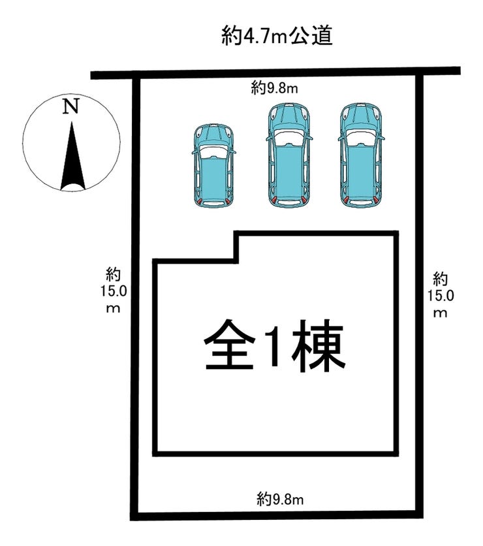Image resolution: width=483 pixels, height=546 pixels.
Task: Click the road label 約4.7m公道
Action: (277, 37)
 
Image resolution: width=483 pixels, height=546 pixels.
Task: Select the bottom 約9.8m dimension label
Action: (280, 500)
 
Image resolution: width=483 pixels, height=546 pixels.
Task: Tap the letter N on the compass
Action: (70, 107)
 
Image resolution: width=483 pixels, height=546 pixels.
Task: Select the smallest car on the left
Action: (213, 166)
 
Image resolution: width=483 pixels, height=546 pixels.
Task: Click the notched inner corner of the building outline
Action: (236, 261)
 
